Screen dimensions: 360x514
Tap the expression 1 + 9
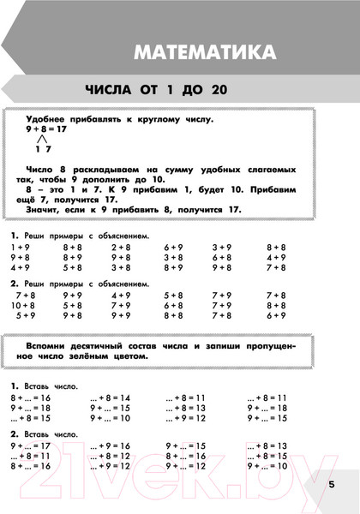(x=21, y=247)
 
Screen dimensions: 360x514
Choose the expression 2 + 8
(x=120, y=247)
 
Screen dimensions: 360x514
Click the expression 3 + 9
(x=222, y=247)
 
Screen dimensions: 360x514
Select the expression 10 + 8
(x=22, y=305)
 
